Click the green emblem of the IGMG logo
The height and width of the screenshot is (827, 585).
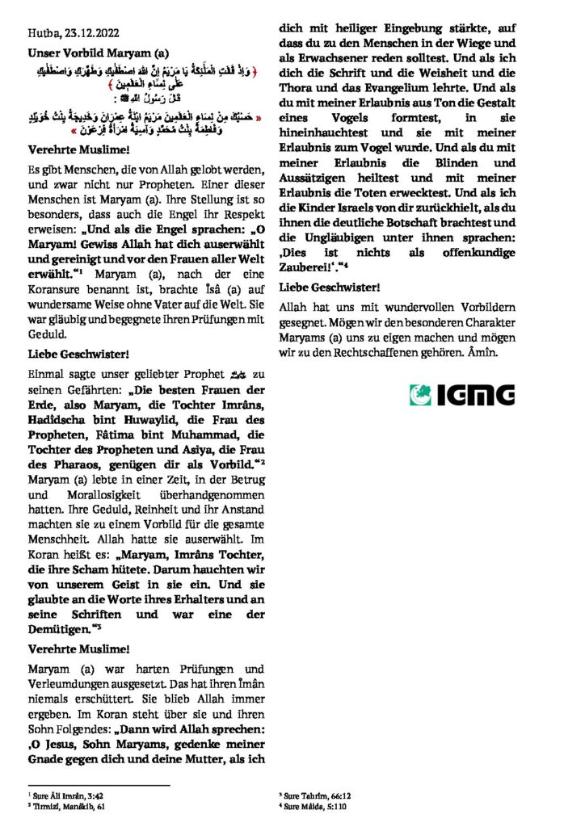[422, 394]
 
